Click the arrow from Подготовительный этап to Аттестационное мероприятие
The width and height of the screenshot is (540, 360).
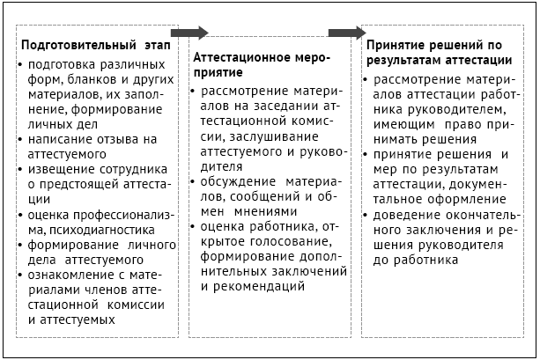tap(188, 33)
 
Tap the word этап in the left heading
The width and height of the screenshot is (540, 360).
tap(157, 44)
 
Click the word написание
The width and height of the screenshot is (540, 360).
tap(61, 139)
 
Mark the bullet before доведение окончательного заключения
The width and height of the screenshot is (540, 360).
tap(369, 215)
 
